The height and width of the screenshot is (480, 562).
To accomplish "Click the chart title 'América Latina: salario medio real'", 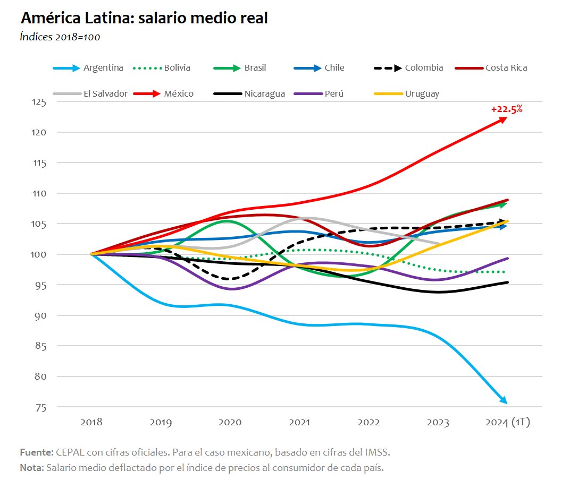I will pos(144,19).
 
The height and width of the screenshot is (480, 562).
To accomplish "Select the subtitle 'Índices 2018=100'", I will pos(60,37).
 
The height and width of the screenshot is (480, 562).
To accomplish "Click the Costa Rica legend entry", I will pos(506,68).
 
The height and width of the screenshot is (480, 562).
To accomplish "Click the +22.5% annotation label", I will pos(507,109).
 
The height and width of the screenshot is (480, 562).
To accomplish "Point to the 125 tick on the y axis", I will pos(39,101).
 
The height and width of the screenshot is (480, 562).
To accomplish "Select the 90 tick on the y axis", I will pos(41,315).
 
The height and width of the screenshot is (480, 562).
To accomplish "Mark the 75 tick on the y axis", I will pos(41,407).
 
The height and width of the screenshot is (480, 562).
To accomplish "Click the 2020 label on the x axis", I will pos(230,423).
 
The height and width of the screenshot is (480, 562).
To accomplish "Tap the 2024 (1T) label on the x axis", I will pos(508,423).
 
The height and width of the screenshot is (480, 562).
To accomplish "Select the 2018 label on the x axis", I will pos(91,423).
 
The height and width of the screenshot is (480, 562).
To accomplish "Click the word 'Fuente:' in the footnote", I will pos(36,452).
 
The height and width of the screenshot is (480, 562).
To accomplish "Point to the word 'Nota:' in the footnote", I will pos(32,468).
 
